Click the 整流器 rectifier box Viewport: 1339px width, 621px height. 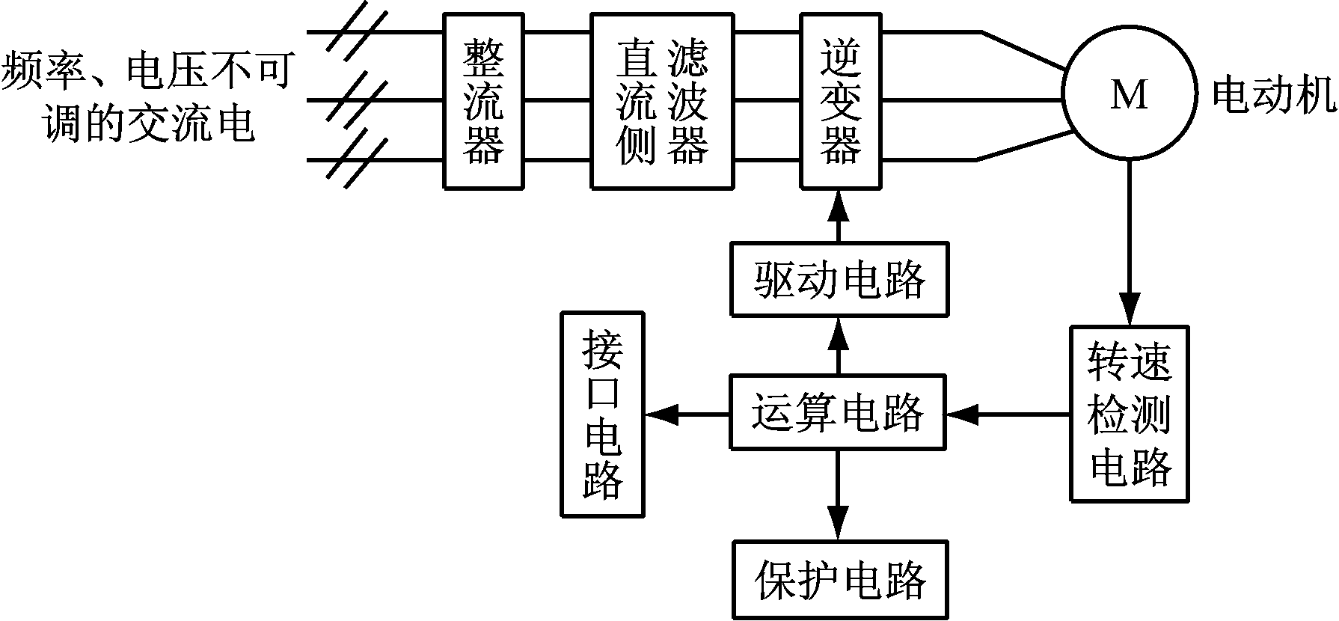(x=483, y=100)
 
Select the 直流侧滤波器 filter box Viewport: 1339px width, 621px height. (x=661, y=100)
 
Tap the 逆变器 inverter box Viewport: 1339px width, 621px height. (x=839, y=100)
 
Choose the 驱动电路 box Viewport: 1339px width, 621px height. (x=839, y=278)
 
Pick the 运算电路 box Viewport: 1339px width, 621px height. (x=838, y=412)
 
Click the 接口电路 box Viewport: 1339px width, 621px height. (x=602, y=414)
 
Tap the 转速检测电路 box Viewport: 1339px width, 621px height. (x=1129, y=413)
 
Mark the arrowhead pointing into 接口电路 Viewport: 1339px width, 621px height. (x=661, y=413)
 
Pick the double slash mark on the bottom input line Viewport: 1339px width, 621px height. (x=357, y=159)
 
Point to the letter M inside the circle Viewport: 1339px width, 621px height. (x=1128, y=95)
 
